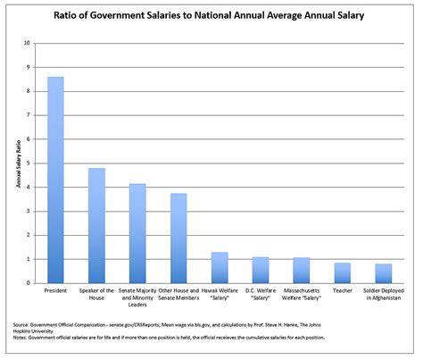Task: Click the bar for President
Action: coord(55,180)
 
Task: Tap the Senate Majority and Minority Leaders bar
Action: coord(137,233)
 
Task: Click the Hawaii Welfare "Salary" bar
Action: coord(220,267)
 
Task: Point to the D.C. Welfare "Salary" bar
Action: coord(261,270)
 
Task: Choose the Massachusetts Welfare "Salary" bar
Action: coord(302,270)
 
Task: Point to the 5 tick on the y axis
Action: coord(29,163)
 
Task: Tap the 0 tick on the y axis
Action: coord(29,283)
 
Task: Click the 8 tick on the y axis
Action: coord(29,91)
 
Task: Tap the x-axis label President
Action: coord(55,292)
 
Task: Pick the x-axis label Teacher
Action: coord(342,292)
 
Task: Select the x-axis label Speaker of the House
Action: coord(96,296)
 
